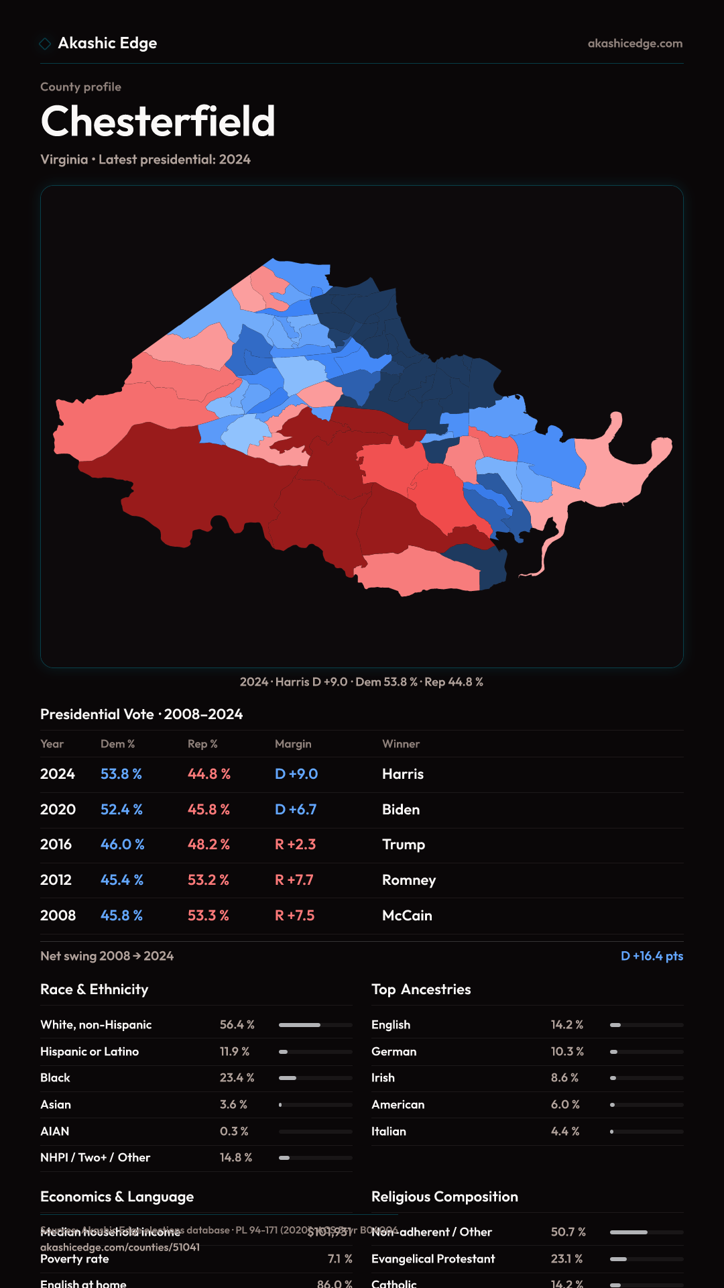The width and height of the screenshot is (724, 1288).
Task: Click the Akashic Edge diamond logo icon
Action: click(x=45, y=44)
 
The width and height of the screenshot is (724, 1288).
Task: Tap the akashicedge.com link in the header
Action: click(x=635, y=44)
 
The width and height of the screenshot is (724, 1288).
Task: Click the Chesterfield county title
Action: click(x=158, y=121)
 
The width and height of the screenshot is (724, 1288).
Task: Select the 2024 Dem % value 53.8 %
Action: click(x=121, y=774)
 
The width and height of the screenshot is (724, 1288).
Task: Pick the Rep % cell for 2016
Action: click(x=208, y=845)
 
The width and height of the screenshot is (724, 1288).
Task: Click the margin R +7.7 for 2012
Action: click(x=294, y=880)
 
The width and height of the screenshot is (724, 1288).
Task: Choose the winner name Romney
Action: click(x=409, y=880)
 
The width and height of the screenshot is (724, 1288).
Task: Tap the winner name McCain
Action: click(x=407, y=916)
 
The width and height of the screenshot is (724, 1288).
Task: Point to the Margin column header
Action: click(x=293, y=744)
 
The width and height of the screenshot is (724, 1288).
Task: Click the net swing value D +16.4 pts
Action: click(x=652, y=956)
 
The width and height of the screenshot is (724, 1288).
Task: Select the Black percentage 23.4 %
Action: click(x=237, y=1078)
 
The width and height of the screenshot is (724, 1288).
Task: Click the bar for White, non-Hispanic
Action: click(x=315, y=1025)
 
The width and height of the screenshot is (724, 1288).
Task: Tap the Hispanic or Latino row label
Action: click(x=89, y=1052)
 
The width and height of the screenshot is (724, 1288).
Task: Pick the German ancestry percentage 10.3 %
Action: click(x=567, y=1052)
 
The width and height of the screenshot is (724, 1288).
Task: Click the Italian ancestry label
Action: click(x=389, y=1132)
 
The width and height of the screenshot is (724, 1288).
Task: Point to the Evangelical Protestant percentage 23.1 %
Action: click(x=566, y=1259)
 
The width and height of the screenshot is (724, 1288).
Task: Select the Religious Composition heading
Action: click(x=444, y=1197)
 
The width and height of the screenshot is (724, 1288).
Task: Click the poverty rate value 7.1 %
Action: click(x=340, y=1259)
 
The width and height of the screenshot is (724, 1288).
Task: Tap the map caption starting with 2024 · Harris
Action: click(x=361, y=682)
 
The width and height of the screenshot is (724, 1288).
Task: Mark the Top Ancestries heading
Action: click(x=421, y=989)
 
